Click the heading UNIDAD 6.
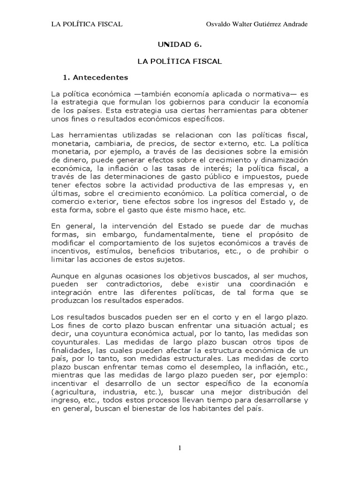click(180, 45)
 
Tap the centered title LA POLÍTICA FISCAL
click(180, 61)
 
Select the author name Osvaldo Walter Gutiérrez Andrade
click(257, 24)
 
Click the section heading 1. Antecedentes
click(95, 77)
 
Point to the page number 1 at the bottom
click(180, 449)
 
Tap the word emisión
click(294, 152)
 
